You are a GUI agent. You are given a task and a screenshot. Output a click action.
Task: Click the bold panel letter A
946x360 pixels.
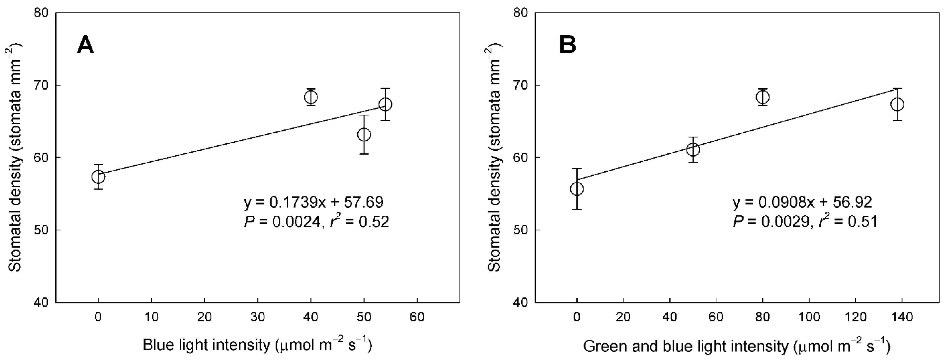coord(85,46)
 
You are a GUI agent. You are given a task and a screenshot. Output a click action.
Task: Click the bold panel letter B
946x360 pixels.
coord(567,46)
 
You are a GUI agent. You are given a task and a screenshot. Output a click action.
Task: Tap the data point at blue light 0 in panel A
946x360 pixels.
coord(98,177)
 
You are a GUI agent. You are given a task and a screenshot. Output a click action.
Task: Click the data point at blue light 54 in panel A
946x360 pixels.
coord(385,104)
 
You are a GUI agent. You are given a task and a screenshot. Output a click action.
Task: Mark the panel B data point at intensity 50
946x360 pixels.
coord(693,149)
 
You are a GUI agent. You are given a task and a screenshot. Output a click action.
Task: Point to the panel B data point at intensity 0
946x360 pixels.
coord(577,189)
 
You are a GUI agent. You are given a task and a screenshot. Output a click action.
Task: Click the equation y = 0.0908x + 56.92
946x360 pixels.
coord(802,202)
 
